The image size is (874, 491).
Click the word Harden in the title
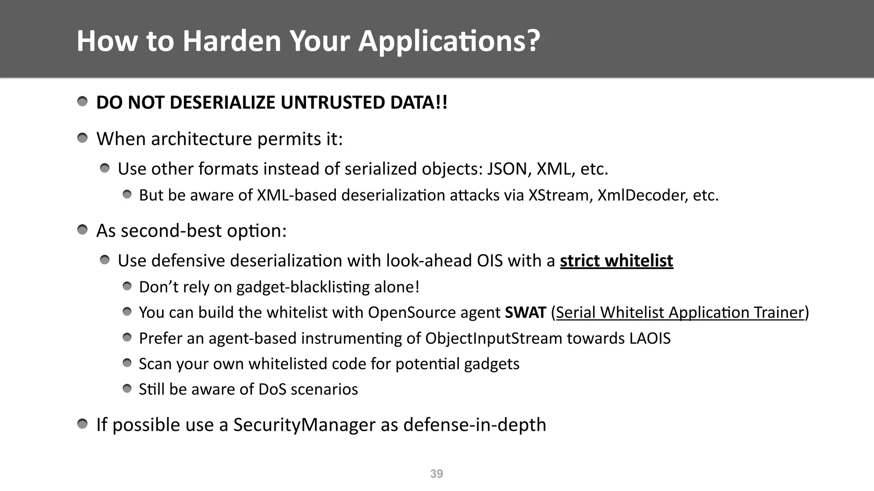point(232,41)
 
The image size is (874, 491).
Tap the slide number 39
point(437,474)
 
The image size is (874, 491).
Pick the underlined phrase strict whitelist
point(616,260)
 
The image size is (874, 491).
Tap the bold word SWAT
point(525,312)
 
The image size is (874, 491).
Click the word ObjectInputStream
point(494,338)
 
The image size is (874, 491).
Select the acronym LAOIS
point(650,338)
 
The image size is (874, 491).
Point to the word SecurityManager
point(304,425)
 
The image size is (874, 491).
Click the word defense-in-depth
point(474,425)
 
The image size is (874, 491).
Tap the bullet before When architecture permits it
point(82,138)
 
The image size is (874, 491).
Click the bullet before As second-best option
point(82,230)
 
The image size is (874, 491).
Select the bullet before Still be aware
point(127,388)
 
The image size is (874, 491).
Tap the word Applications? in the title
point(449,41)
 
